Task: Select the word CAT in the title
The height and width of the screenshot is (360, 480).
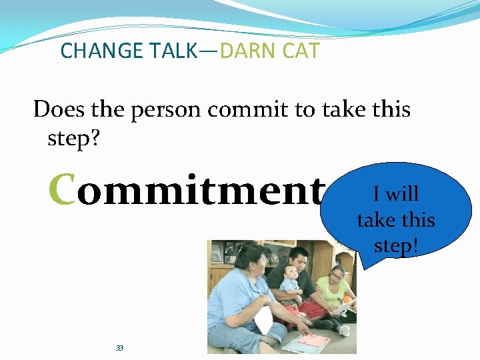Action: (x=299, y=51)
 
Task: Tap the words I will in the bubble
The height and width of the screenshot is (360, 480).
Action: (x=395, y=194)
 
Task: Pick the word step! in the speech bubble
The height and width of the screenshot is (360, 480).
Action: (x=396, y=245)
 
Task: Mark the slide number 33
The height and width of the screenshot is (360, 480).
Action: (x=120, y=348)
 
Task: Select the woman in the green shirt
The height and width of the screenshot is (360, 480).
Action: (x=337, y=293)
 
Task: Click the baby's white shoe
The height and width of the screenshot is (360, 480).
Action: (x=344, y=330)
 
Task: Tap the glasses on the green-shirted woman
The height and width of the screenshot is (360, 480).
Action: (x=337, y=273)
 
